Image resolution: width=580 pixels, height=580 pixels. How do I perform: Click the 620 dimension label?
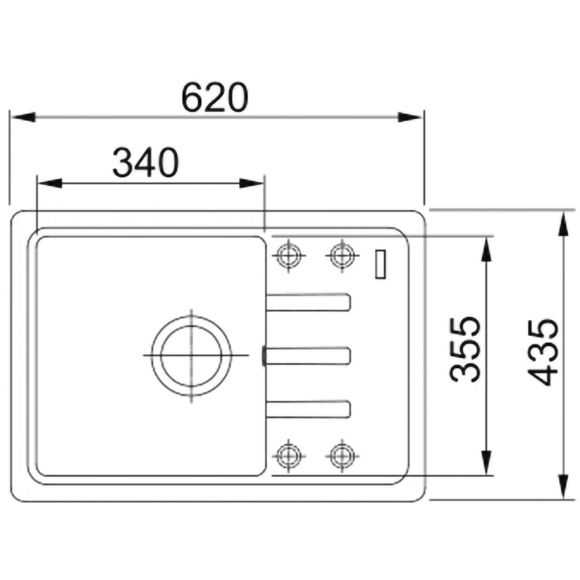[x=215, y=97]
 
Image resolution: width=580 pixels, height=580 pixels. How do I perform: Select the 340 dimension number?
[x=146, y=162]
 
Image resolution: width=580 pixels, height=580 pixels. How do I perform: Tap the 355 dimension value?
[x=465, y=349]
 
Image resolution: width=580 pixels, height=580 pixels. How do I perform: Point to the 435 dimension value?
[x=542, y=352]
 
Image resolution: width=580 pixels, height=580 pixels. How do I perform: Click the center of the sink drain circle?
[x=191, y=356]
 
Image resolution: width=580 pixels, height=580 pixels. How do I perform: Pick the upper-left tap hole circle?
[x=288, y=255]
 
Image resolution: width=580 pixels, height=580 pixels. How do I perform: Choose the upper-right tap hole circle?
[x=342, y=255]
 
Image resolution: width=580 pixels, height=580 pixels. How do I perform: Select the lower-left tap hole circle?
[x=288, y=456]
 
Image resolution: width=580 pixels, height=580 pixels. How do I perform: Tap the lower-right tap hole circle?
[x=342, y=456]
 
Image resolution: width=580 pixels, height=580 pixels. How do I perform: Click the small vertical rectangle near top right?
[x=380, y=264]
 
